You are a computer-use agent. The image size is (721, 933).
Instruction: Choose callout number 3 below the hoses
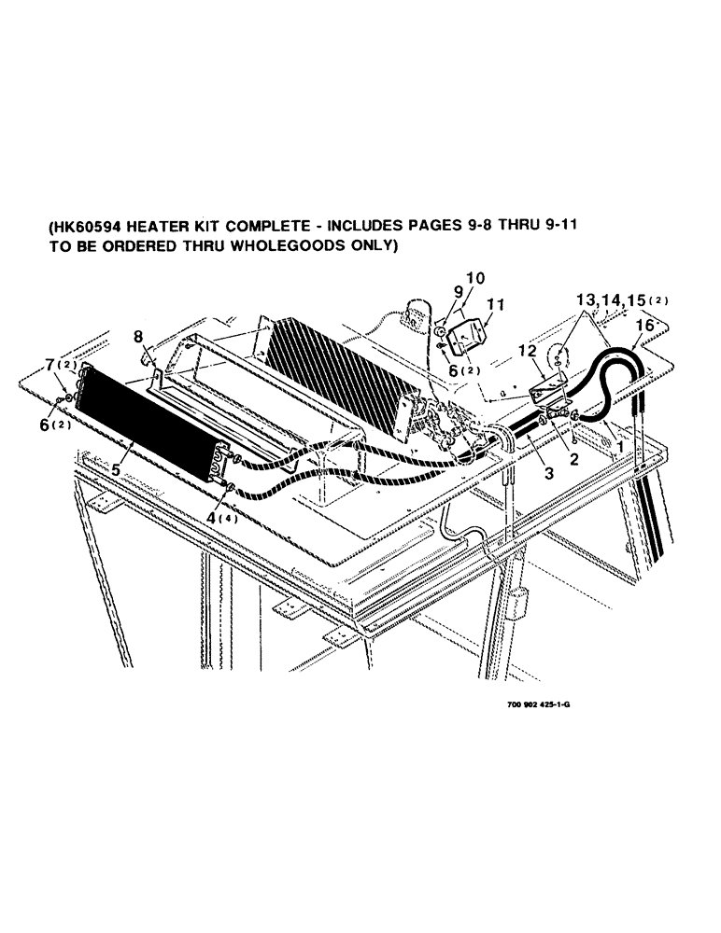click(x=549, y=474)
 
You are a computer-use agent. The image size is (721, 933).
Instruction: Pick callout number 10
click(x=474, y=278)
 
